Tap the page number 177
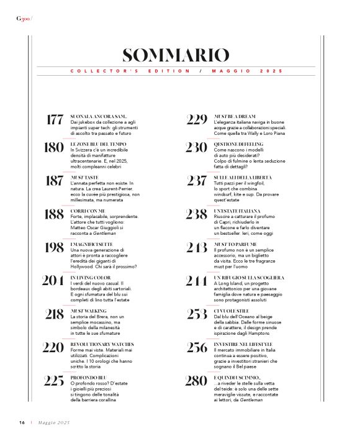55,120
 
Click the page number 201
53,281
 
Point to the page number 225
54,380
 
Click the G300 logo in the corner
24,17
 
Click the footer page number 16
21,422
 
